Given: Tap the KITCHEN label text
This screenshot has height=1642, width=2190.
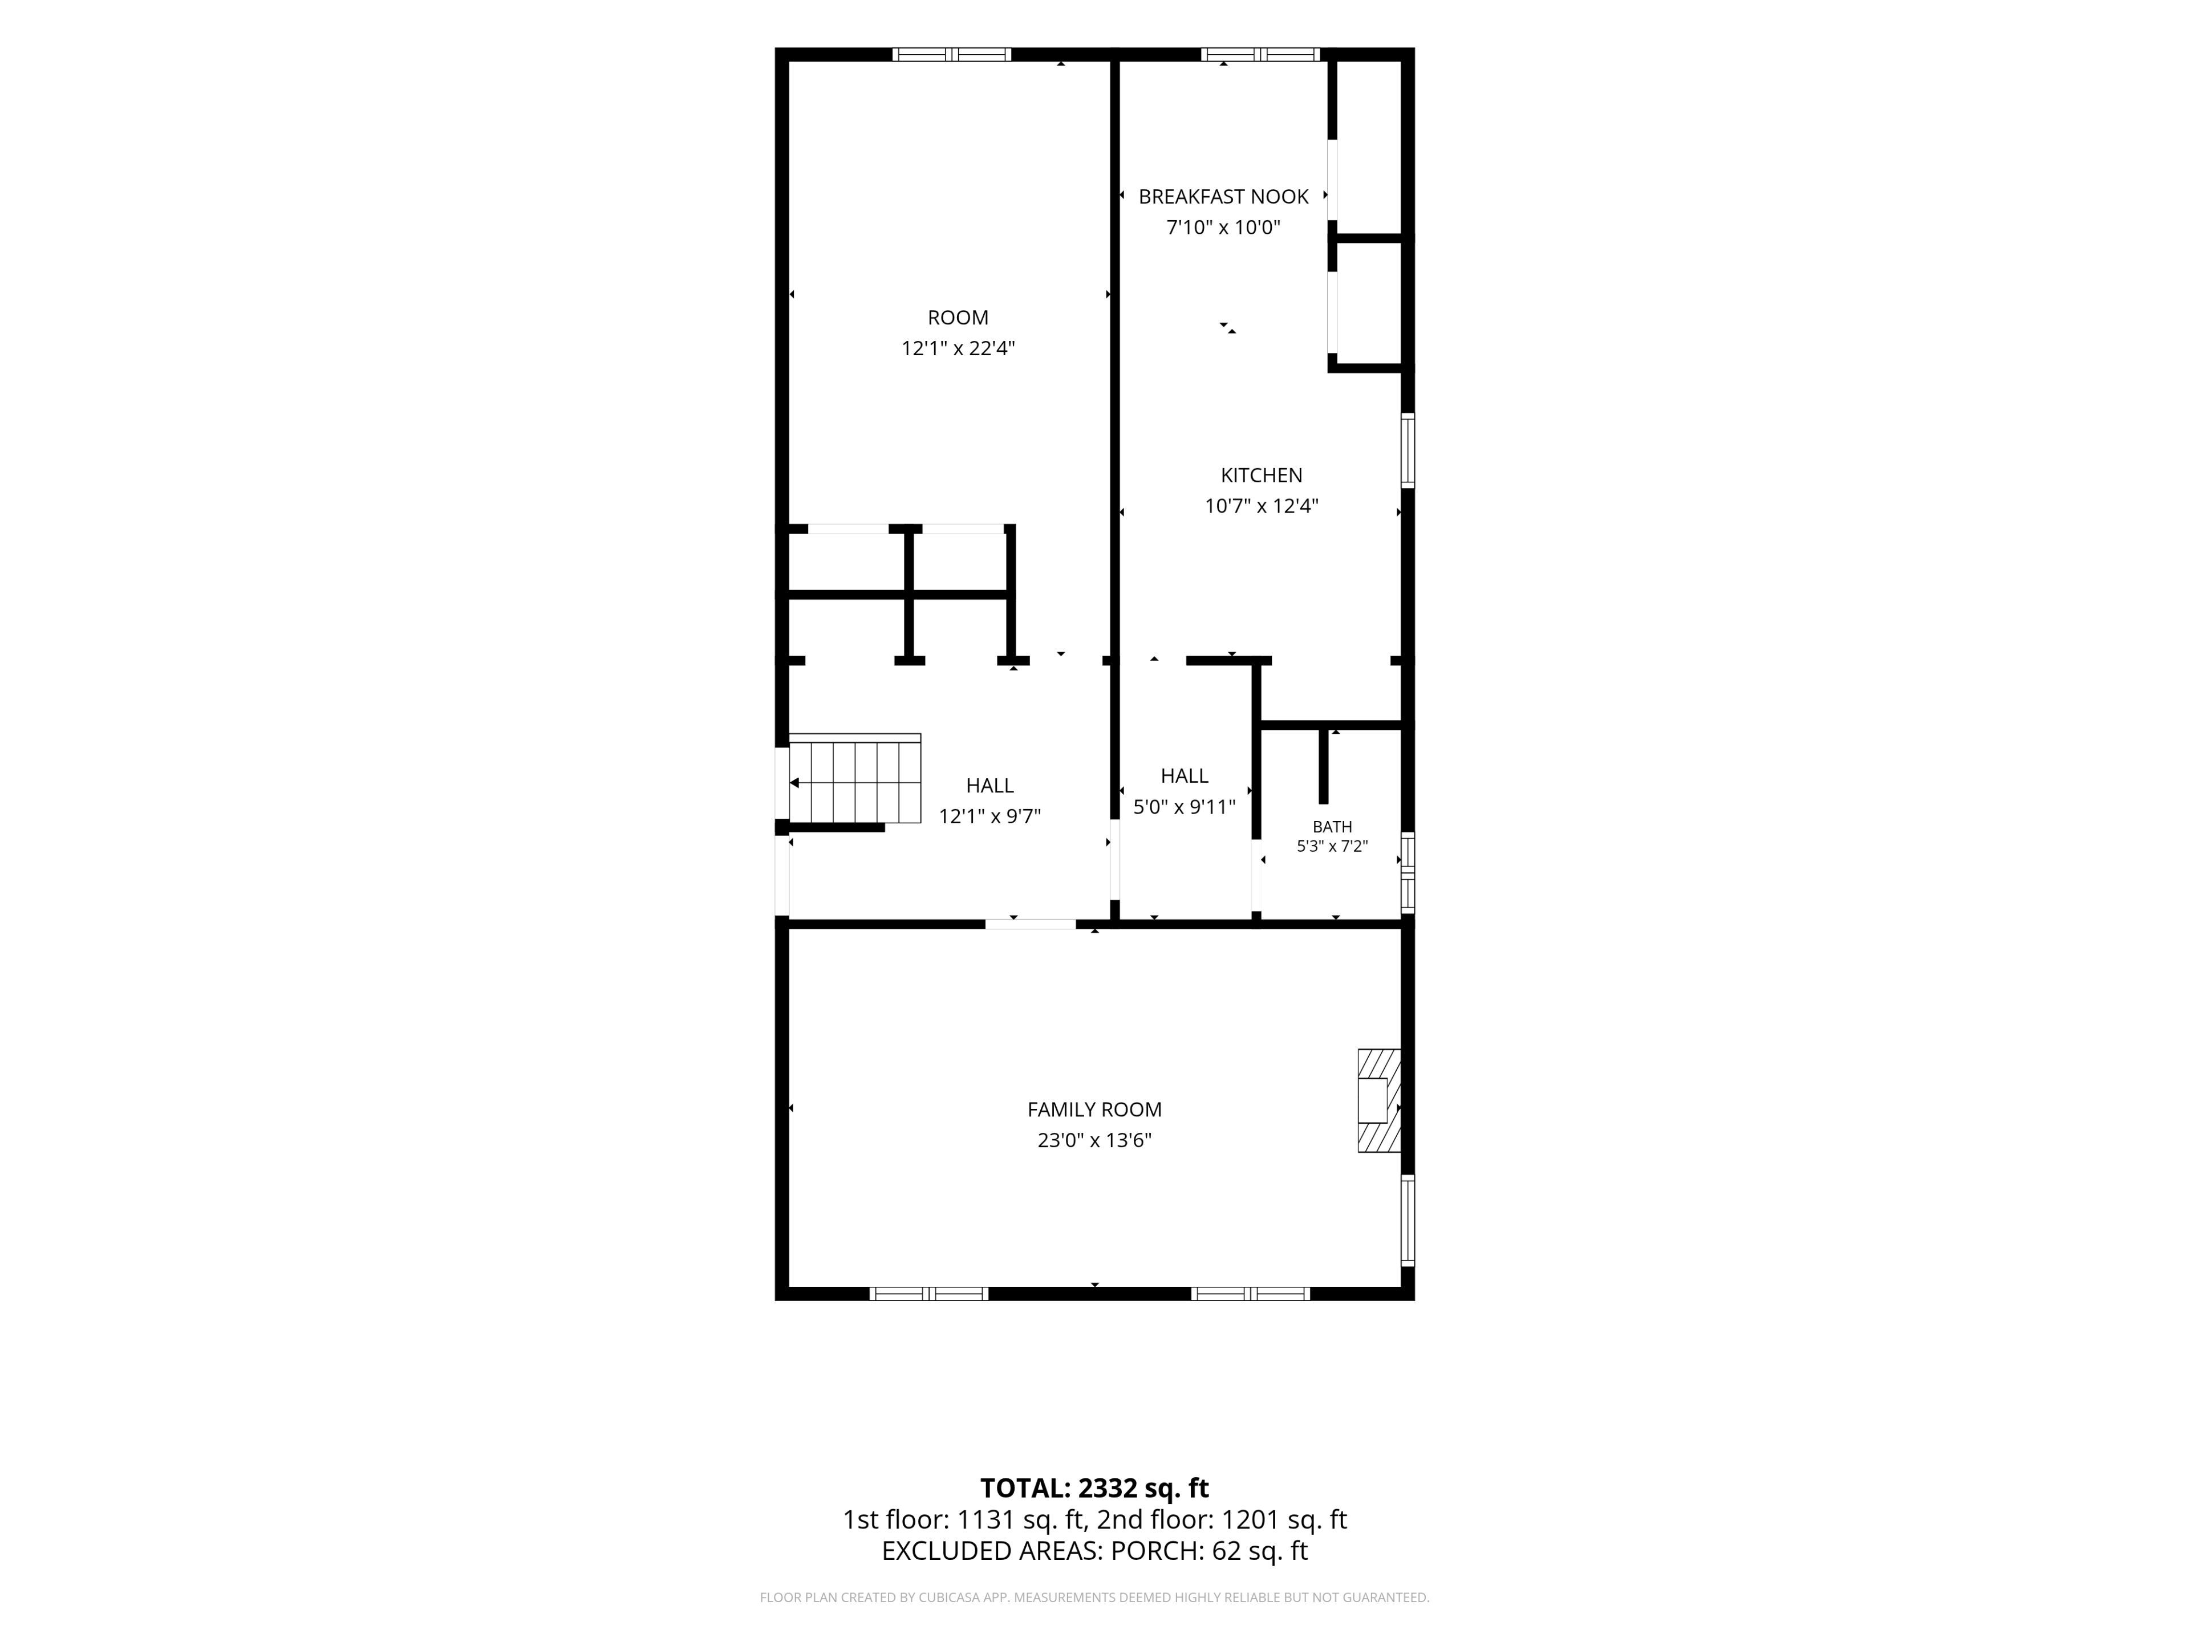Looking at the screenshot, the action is tap(1262, 475).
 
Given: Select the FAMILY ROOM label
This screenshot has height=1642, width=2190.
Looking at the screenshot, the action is tap(1094, 1109).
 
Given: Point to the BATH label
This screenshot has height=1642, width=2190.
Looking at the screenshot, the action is tap(1332, 827).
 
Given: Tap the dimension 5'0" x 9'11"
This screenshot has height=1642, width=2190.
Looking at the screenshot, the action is tap(1184, 807).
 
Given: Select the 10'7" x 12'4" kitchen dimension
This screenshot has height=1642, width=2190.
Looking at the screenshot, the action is tap(1262, 506).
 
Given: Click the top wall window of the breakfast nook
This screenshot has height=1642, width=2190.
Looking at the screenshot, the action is tap(1260, 54).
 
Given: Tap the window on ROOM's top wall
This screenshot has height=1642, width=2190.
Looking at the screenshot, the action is tap(951, 54).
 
